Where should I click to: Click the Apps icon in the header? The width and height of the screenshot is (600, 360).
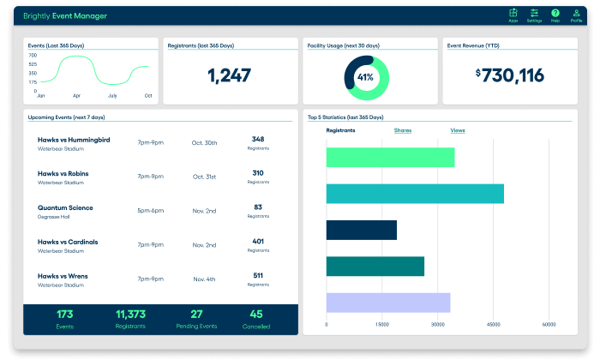513,14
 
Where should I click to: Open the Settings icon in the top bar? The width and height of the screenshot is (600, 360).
534,14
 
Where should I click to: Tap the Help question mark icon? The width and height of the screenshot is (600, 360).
555,14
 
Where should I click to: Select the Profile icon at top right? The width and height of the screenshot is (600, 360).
577,14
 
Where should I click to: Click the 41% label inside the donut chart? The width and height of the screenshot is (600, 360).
365,77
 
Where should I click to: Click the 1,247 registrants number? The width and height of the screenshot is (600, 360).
229,75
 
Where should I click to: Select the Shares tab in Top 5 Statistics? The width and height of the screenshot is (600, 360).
402,130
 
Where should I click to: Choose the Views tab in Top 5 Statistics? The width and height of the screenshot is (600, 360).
458,130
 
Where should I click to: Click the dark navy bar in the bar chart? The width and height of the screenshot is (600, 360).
361,230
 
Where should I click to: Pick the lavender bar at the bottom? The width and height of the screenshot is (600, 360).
387,303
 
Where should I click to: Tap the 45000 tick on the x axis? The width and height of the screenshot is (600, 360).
493,325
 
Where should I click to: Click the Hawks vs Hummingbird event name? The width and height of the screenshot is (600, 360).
74,139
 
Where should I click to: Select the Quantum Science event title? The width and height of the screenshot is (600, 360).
65,207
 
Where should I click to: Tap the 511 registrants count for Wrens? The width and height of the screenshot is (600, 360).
258,276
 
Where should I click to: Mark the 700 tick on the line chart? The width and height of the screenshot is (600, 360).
33,55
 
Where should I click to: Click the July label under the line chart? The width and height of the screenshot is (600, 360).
112,95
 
